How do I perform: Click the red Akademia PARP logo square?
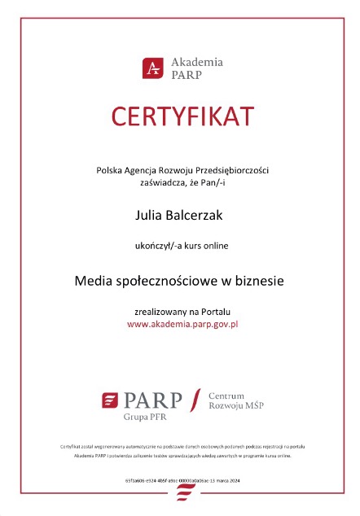tap(151, 68)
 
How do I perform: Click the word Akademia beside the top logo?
tap(196, 62)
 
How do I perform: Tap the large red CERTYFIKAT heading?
tap(180, 117)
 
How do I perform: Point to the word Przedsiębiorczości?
tap(232, 170)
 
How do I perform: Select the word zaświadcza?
tap(151, 184)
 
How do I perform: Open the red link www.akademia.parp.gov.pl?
tap(182, 324)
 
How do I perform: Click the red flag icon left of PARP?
tap(110, 399)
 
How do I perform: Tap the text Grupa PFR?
tap(144, 417)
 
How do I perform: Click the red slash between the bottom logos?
tap(194, 400)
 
